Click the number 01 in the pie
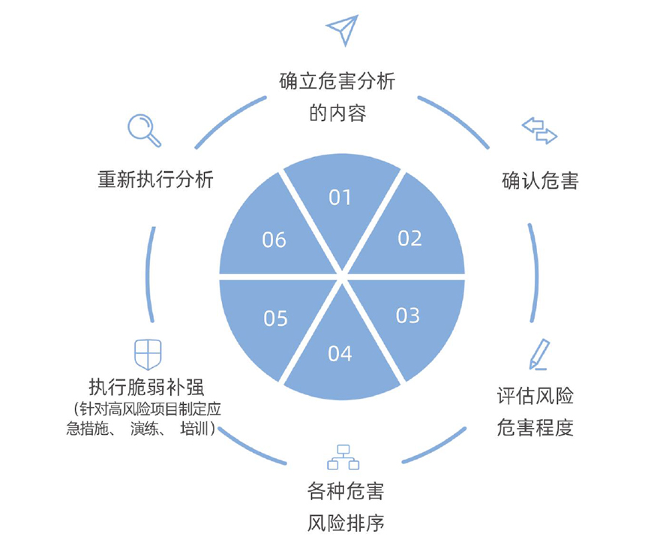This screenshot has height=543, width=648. (340, 198)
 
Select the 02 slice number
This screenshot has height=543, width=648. (409, 238)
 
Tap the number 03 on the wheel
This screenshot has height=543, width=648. (407, 315)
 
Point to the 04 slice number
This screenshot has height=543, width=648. (340, 354)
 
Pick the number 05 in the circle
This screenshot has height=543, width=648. (275, 318)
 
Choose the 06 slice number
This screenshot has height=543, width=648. (274, 240)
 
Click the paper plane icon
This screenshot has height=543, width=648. (342, 30)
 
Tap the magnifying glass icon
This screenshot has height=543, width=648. (144, 131)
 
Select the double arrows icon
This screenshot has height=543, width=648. (539, 131)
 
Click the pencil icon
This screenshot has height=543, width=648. (540, 354)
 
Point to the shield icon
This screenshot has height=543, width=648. (148, 354)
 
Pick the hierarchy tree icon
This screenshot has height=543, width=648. (343, 457)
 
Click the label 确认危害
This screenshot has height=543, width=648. (540, 181)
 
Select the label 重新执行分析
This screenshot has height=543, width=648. (155, 179)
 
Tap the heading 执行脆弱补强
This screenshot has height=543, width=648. (146, 387)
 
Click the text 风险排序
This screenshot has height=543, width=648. (346, 523)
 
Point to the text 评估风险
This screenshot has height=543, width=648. (535, 396)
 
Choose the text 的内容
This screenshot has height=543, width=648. (338, 113)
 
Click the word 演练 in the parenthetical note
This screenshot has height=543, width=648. (144, 429)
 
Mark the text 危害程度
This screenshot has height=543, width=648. (535, 427)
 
